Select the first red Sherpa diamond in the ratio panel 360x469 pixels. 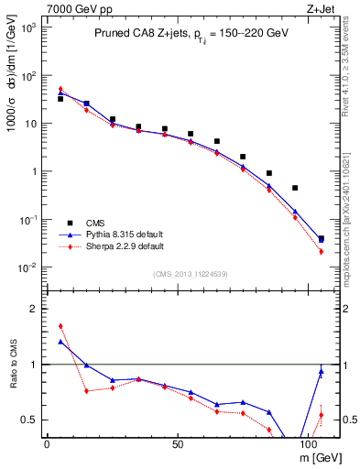[x=60, y=326]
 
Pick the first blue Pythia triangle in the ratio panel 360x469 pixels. [x=60, y=342]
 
